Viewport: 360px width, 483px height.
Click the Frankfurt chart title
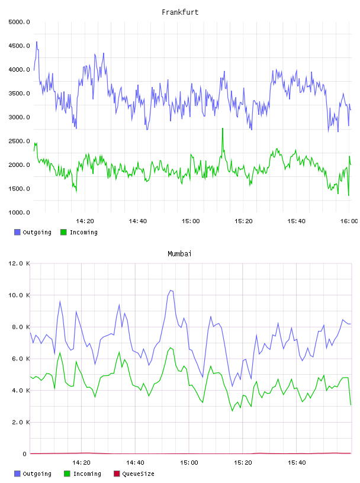click(180, 12)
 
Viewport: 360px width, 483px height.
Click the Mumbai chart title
click(179, 253)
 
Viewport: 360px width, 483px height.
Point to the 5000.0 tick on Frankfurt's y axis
click(19, 22)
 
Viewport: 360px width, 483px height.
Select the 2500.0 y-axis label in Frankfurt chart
click(19, 141)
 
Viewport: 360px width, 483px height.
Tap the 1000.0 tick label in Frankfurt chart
click(19, 212)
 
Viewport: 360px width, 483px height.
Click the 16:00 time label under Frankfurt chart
click(349, 221)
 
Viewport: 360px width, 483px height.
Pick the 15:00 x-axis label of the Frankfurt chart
click(191, 221)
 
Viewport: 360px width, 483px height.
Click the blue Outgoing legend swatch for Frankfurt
click(17, 232)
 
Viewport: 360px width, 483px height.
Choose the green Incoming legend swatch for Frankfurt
click(63, 232)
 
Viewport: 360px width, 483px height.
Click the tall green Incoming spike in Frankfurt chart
click(223, 128)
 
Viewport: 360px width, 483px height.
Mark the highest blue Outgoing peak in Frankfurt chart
click(37, 42)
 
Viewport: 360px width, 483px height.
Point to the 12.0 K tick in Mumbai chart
click(19, 263)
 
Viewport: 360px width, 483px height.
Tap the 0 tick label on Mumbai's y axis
click(24, 454)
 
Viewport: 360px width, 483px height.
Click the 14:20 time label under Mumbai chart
click(81, 462)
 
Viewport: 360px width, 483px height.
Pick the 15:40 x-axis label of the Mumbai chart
click(297, 462)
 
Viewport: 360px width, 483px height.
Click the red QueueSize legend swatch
click(117, 474)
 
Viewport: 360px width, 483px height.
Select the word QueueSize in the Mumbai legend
click(138, 474)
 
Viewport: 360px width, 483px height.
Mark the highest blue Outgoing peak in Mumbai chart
click(171, 290)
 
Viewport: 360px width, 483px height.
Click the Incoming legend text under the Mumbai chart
click(87, 474)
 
